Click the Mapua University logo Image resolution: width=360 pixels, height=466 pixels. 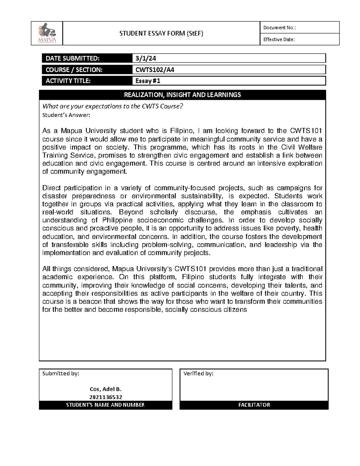pos(46,34)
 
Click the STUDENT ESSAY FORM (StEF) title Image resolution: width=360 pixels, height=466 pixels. pos(161,33)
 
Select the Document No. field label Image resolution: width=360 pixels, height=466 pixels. pos(279,28)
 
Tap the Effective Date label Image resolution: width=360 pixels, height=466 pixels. pos(279,39)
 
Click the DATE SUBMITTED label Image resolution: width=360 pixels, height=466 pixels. pos(72,58)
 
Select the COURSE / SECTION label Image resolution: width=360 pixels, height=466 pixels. pos(74,70)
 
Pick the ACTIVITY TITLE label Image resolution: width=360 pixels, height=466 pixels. pos(68,81)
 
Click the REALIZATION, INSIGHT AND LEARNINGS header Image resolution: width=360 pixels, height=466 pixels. pos(182,95)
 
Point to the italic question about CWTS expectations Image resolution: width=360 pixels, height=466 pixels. pos(112,106)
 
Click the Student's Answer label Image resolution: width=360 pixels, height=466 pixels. pos(66,115)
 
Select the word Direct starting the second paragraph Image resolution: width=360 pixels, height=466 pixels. pos(51,188)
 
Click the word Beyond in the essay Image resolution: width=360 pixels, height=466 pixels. pos(131,212)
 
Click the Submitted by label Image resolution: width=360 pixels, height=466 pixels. pos(61,374)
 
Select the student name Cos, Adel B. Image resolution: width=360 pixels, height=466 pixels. pos(106,389)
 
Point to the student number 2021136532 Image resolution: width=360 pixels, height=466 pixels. pos(106,397)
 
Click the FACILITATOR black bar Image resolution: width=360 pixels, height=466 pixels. pos(254,405)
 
